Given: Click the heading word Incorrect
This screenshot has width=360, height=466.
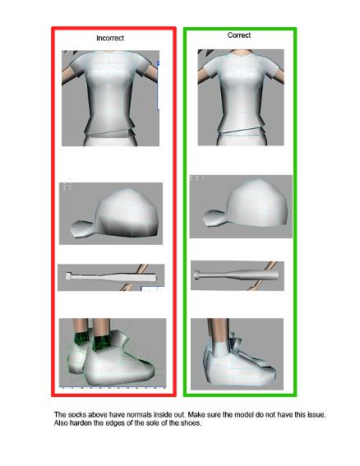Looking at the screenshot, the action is point(110,38).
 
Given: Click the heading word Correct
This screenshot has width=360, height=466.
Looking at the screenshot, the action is point(239,35).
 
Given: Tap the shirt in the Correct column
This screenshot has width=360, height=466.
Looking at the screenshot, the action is point(242,90).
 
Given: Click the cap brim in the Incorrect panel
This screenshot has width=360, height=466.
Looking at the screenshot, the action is point(82,228).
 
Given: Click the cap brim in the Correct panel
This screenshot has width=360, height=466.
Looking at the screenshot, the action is point(214,218).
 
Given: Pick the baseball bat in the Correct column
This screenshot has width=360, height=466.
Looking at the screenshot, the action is point(237,275).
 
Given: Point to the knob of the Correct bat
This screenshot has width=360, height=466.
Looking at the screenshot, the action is point(196,275).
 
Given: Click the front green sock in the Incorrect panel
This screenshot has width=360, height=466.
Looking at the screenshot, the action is point(102,342).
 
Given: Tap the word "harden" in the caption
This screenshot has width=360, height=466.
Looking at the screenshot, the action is point(81,422).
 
